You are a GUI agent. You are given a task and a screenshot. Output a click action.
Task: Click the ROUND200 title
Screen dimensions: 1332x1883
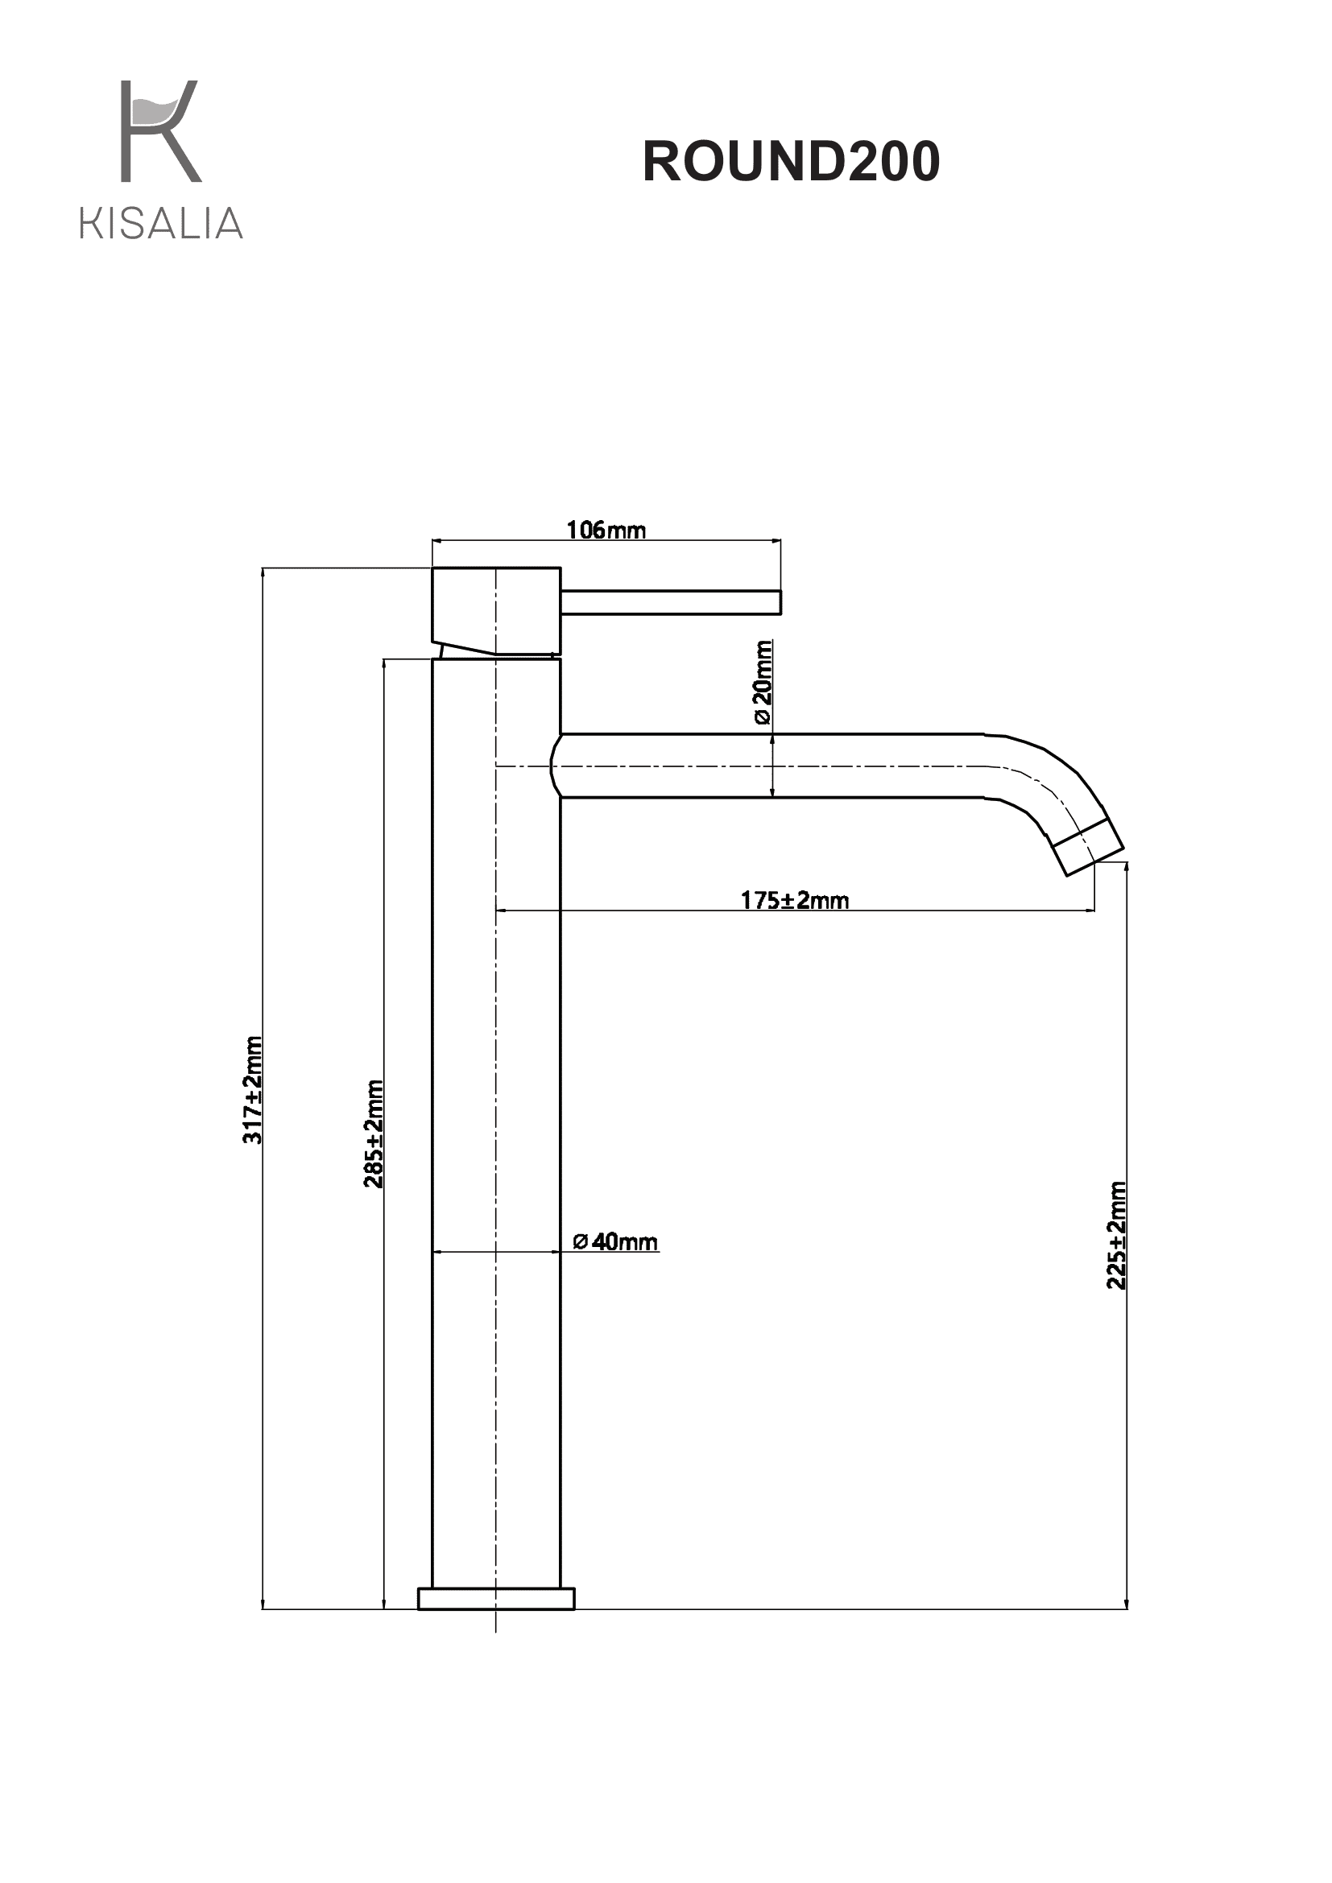coord(791,161)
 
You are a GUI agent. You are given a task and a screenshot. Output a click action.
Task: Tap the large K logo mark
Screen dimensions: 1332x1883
coord(161,130)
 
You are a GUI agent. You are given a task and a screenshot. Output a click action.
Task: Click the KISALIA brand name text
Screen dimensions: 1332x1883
coord(162,223)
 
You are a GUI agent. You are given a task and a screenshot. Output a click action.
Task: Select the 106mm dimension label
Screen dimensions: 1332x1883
coord(606,530)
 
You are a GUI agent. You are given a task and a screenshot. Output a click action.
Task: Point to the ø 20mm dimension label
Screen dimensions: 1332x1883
coord(762,683)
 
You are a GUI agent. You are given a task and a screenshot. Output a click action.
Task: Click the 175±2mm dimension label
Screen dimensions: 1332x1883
coord(795,901)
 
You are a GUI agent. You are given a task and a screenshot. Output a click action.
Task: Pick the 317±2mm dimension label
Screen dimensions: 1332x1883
coord(253,1090)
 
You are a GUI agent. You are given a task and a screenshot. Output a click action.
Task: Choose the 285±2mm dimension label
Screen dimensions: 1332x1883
coord(373,1134)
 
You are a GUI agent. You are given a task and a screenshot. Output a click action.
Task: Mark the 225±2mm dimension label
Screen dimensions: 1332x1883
coord(1116,1235)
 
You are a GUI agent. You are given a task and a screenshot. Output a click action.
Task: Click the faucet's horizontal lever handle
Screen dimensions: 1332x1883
coord(671,602)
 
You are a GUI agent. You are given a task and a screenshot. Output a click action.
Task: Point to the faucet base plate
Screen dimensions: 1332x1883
coord(496,1599)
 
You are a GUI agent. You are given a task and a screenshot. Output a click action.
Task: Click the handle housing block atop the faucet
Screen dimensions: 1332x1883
coord(496,611)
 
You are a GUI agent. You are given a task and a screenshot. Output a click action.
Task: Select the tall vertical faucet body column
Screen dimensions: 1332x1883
coord(496,1124)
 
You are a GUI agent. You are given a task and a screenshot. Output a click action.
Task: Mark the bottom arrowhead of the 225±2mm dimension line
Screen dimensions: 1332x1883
coord(1127,1603)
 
